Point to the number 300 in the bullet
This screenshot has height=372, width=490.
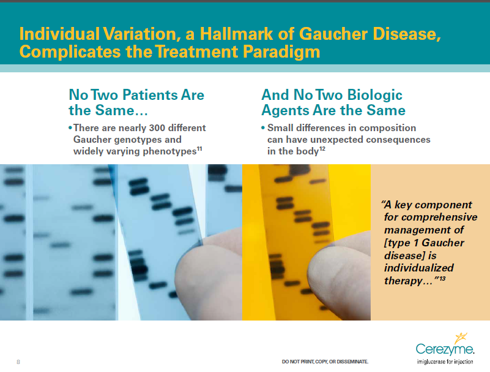(x=146, y=128)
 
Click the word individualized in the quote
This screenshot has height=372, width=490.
(x=418, y=268)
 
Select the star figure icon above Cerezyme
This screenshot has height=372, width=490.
(x=458, y=336)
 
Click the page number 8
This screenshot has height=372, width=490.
(x=18, y=362)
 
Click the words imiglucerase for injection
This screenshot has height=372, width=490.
(x=445, y=362)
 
